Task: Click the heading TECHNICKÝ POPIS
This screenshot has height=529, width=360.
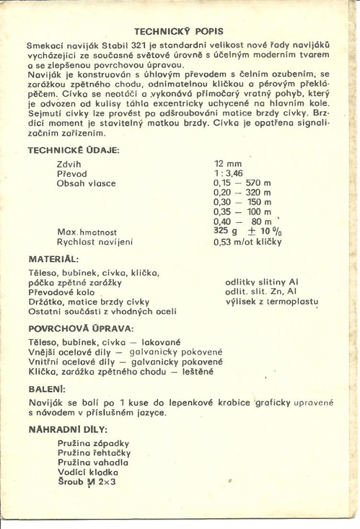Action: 179,31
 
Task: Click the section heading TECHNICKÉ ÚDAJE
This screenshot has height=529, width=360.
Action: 73,150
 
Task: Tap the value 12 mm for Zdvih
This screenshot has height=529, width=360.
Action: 228,164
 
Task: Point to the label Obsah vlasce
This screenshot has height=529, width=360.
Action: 86,183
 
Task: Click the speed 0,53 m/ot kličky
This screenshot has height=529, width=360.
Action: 247,242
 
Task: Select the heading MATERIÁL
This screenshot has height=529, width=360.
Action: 53,259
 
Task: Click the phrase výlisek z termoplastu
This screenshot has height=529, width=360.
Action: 272,302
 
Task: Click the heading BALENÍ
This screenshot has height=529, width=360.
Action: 47,389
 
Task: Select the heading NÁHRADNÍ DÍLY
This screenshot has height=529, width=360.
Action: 68,429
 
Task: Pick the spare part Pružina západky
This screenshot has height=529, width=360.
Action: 93,443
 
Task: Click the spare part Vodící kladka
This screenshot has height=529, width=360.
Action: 88,472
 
